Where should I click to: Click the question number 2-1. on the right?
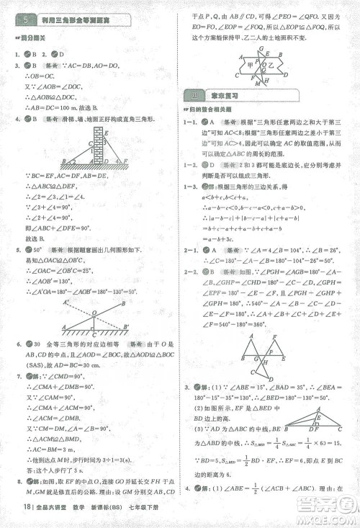click(190, 247)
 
